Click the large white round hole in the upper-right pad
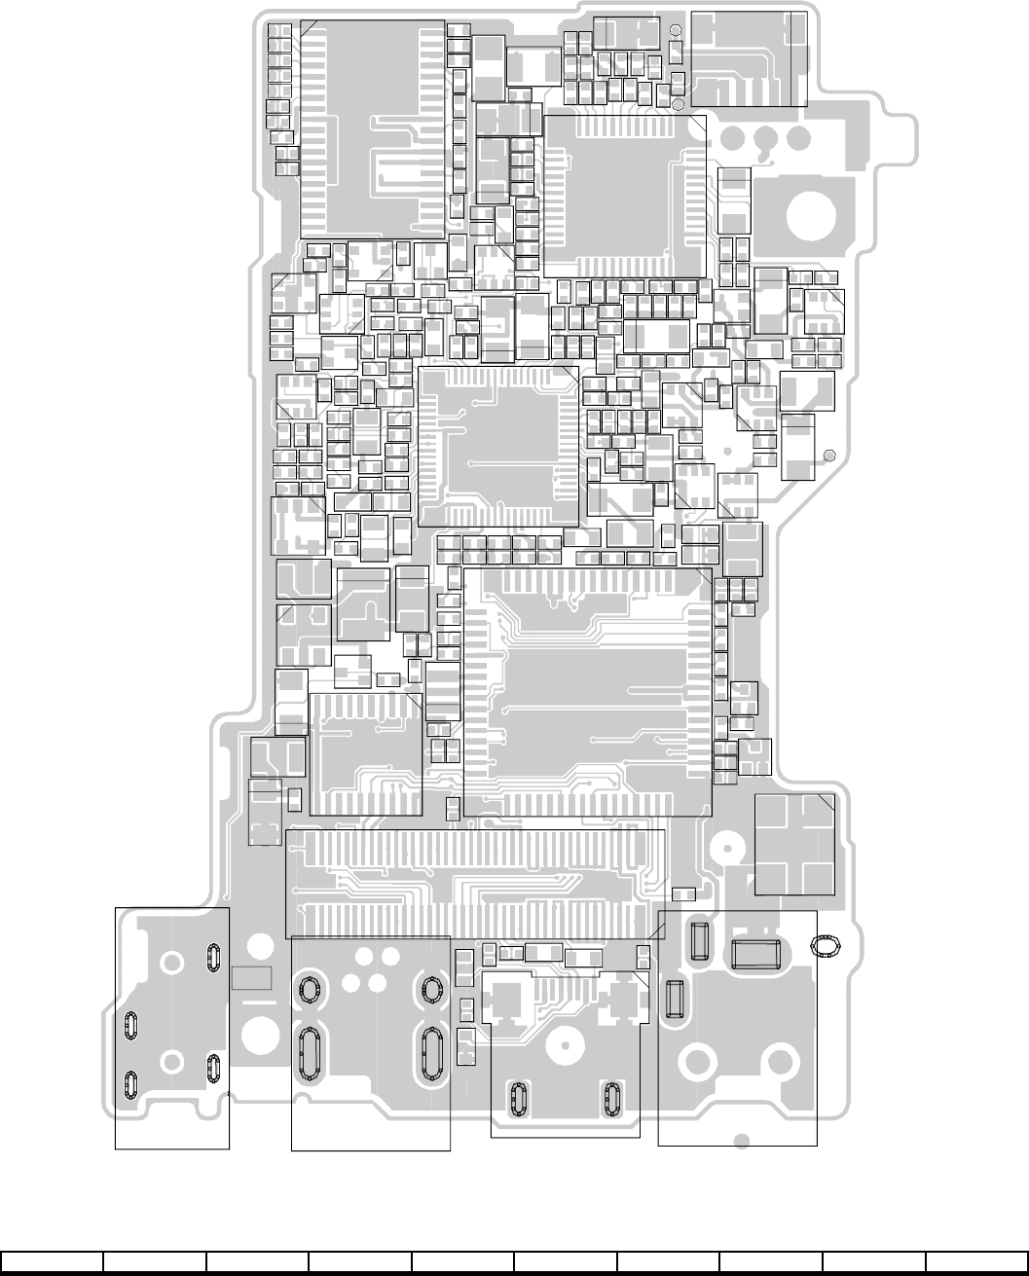click(808, 212)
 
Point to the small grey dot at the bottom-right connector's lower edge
click(741, 1141)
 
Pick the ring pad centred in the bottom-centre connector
click(563, 1047)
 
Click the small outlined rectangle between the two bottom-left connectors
click(251, 978)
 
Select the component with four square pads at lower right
click(795, 844)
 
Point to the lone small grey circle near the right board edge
click(829, 456)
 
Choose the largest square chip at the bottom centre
click(588, 692)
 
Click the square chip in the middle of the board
click(498, 447)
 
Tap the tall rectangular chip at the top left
click(373, 128)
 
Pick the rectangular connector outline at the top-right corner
click(750, 58)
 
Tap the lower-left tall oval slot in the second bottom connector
click(308, 1055)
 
